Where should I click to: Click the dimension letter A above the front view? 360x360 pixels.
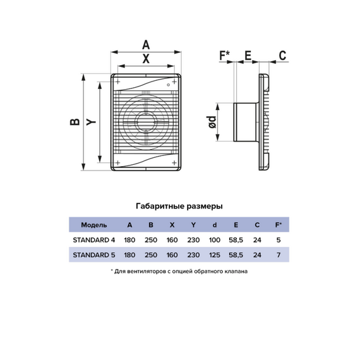146,45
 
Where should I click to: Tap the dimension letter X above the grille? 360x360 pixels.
146,59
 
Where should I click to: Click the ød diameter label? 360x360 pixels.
211,122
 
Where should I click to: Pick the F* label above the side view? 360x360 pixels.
225,56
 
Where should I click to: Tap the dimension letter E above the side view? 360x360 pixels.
248,56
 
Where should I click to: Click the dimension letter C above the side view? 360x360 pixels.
282,56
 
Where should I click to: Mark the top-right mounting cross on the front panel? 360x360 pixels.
174,81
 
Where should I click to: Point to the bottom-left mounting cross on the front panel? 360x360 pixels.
117,163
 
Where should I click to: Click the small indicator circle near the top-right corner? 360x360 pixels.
168,85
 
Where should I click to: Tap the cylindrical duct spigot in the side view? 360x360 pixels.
246,122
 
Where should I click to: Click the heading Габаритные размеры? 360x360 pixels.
179,206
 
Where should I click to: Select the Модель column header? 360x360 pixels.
94,225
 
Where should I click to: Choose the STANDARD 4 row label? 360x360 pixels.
94,240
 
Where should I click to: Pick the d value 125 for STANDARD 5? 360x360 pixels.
215,255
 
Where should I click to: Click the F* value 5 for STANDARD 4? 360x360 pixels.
279,240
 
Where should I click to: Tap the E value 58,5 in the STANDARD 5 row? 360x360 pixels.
236,255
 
